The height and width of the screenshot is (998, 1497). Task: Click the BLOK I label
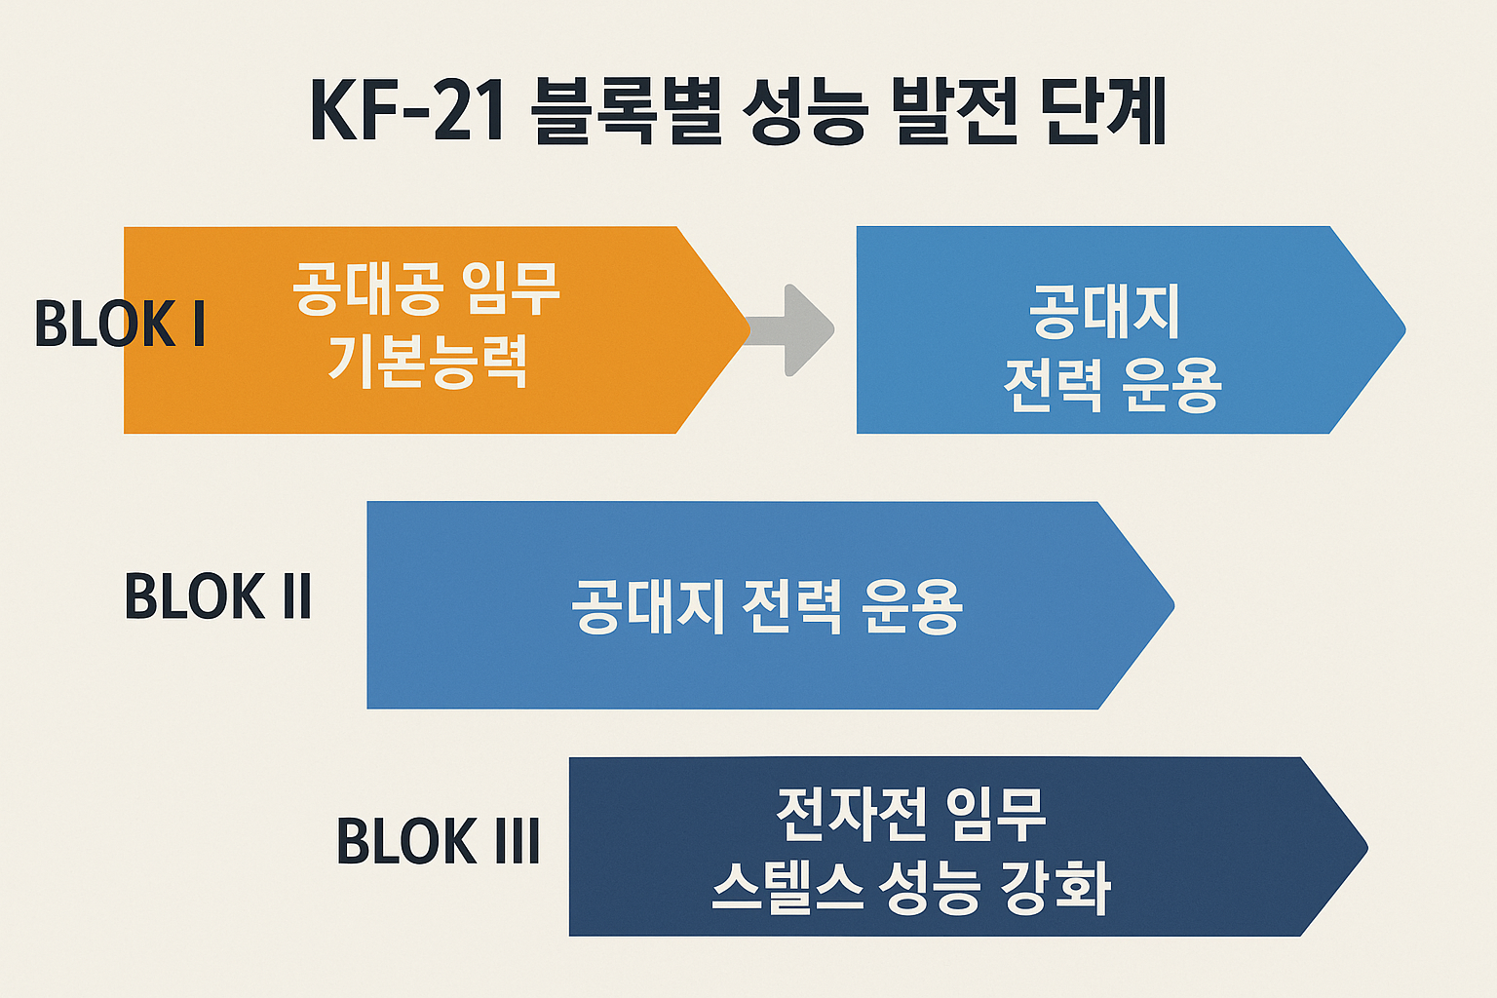tap(120, 325)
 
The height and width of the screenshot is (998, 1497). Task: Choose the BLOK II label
tap(217, 596)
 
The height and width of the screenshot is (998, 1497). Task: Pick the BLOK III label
tap(438, 841)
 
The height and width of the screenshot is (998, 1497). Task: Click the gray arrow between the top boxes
tap(794, 330)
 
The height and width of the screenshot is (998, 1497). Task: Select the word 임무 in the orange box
tap(513, 288)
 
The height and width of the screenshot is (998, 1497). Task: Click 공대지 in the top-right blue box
tap(1104, 312)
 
